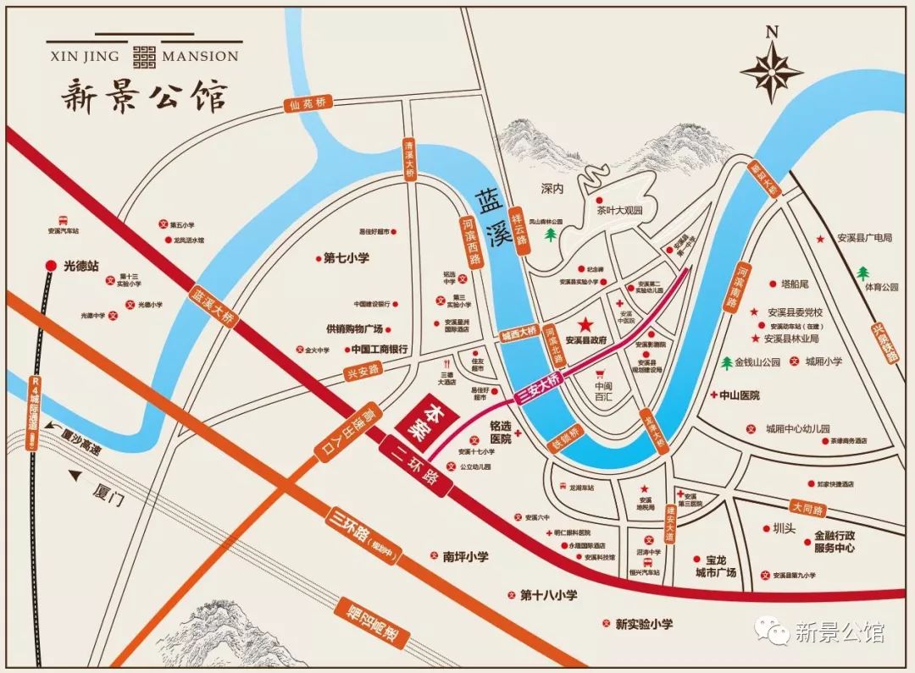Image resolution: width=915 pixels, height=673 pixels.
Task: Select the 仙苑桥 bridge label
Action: point(307,104)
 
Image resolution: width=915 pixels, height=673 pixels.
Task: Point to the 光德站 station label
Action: point(77,266)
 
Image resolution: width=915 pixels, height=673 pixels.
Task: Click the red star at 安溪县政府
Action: point(584,324)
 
